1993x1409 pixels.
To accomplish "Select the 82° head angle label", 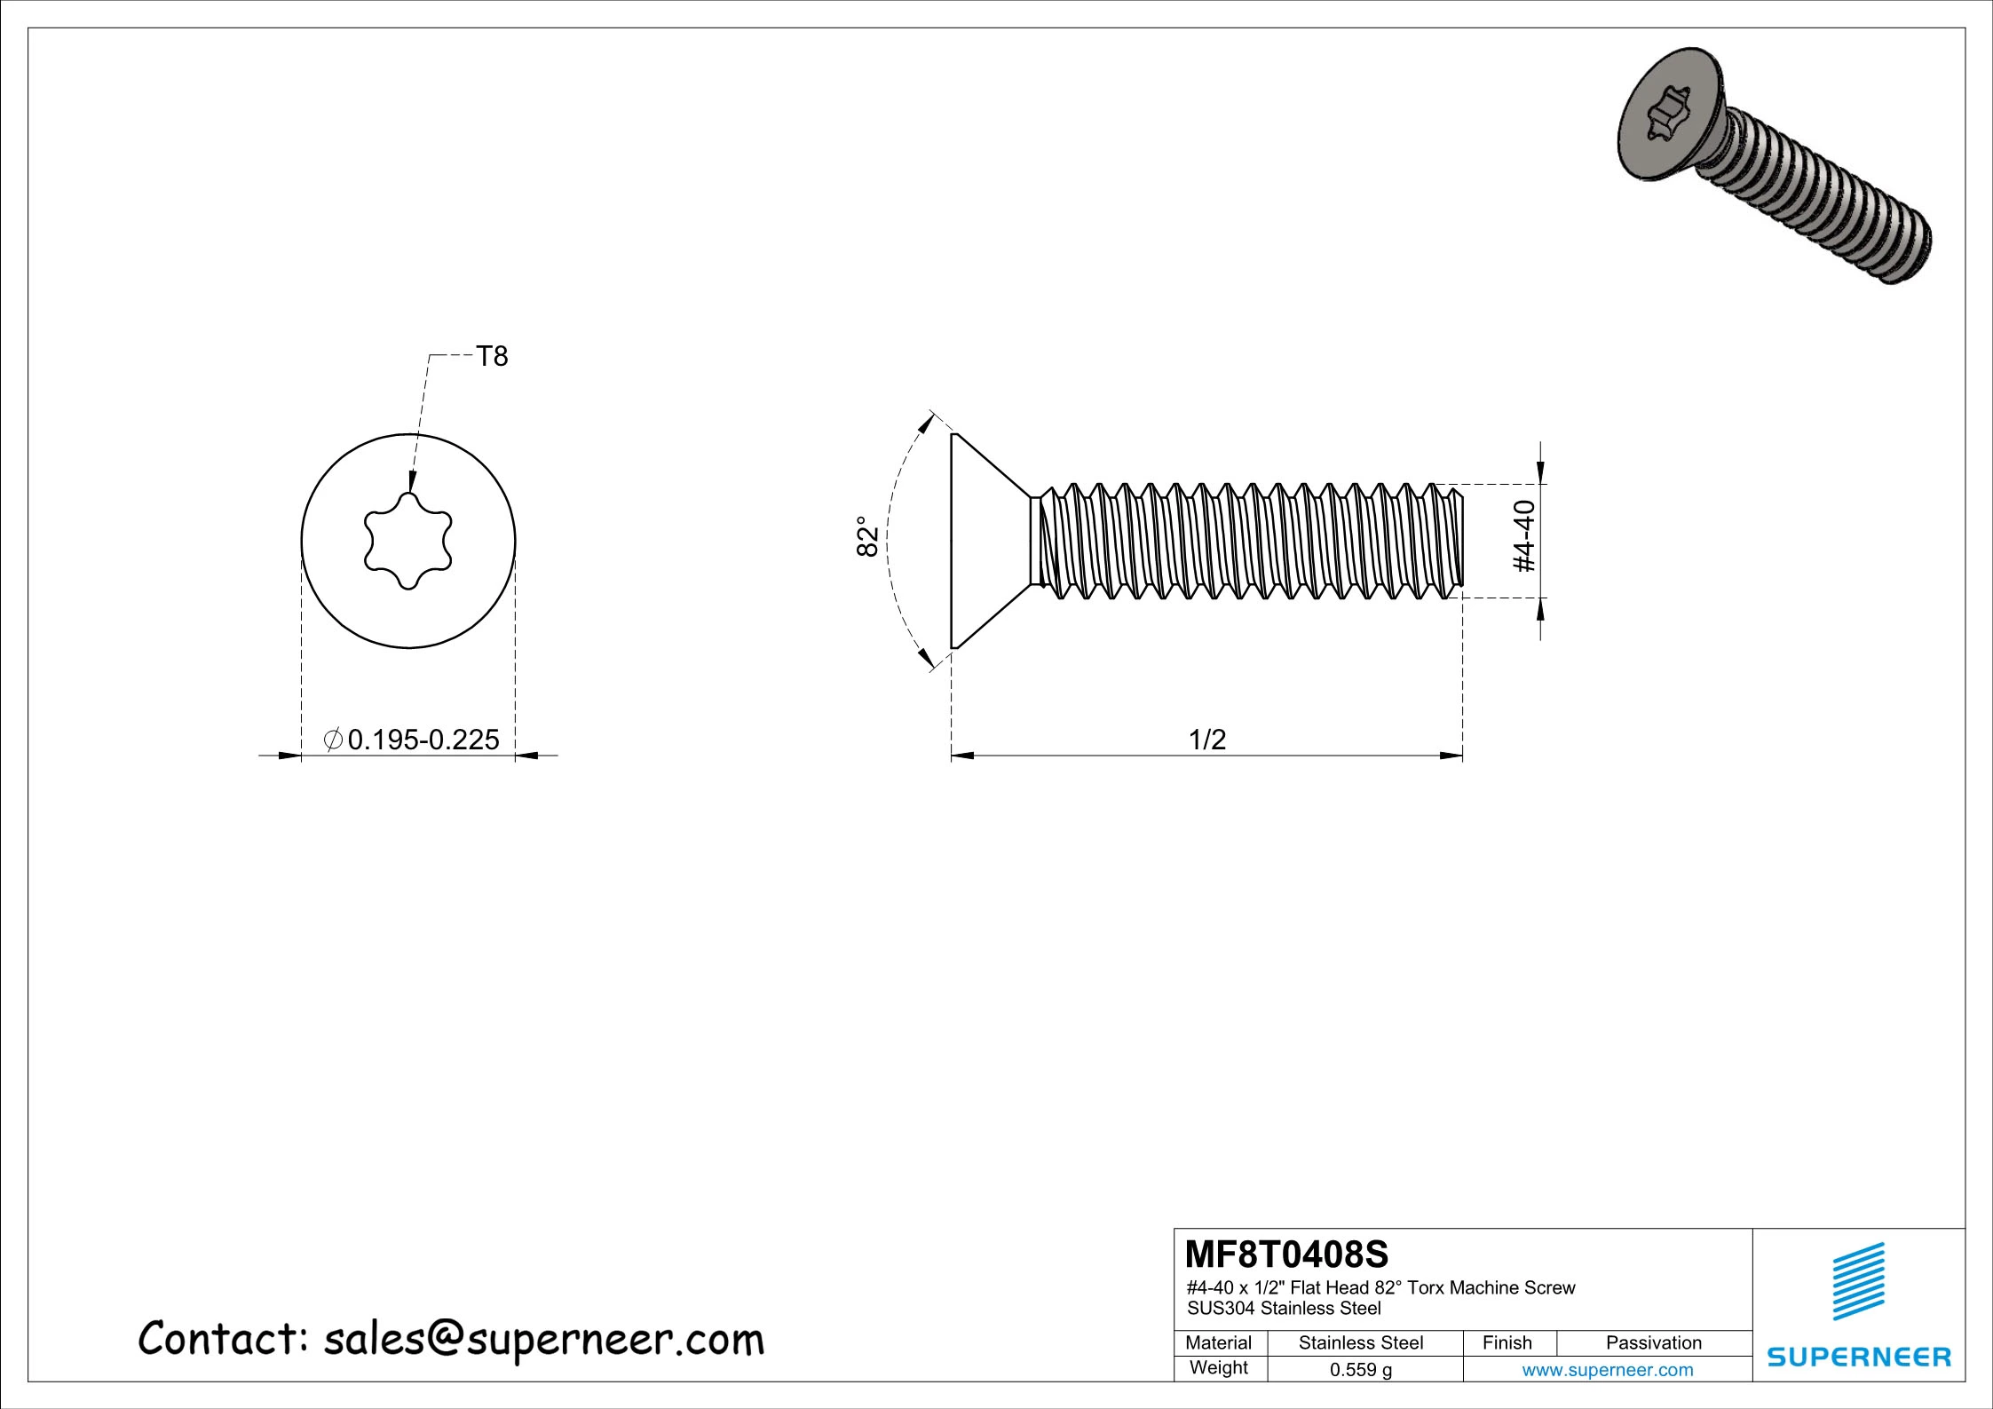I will (867, 536).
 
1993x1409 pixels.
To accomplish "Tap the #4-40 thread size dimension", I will (1523, 536).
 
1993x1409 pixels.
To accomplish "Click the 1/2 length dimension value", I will (1206, 739).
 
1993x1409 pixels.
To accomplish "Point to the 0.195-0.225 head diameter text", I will (423, 739).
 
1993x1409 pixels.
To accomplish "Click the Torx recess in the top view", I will (408, 542).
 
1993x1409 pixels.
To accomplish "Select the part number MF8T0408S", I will (1287, 1255).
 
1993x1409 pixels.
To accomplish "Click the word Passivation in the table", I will (1653, 1342).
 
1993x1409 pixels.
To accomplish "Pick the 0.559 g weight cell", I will (1360, 1369).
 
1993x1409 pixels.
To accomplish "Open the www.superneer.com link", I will (1607, 1369).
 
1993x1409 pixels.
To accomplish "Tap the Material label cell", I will (1218, 1342).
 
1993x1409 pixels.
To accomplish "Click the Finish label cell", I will (1507, 1342).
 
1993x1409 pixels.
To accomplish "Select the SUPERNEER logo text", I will (1859, 1357).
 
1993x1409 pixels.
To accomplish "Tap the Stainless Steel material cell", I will (1360, 1342).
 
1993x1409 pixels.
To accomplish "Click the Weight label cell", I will (1218, 1368).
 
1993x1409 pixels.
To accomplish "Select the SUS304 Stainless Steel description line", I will (1284, 1308).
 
